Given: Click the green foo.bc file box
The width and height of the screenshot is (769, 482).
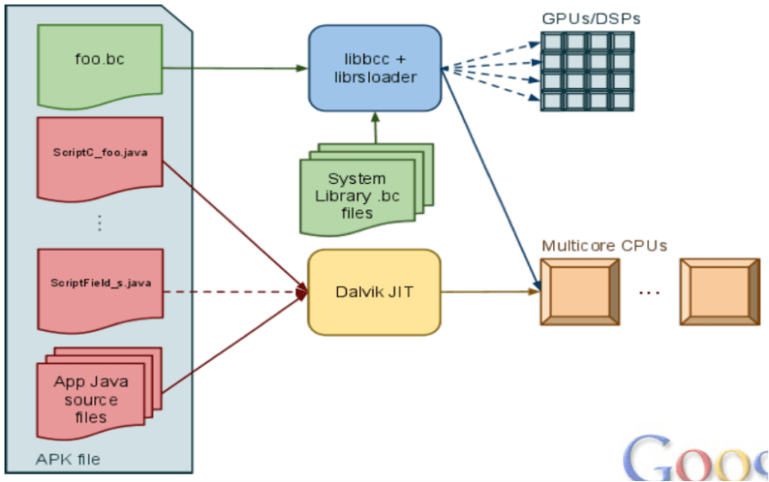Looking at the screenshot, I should pos(100,62).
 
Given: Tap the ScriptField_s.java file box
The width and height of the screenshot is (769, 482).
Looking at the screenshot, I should pos(100,286).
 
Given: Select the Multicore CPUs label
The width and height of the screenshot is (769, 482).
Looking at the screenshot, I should pos(604,245).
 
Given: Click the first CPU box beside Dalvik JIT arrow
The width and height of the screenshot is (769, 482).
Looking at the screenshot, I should pos(581,293).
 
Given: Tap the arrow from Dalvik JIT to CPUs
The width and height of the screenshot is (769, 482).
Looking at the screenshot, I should pos(490,293).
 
